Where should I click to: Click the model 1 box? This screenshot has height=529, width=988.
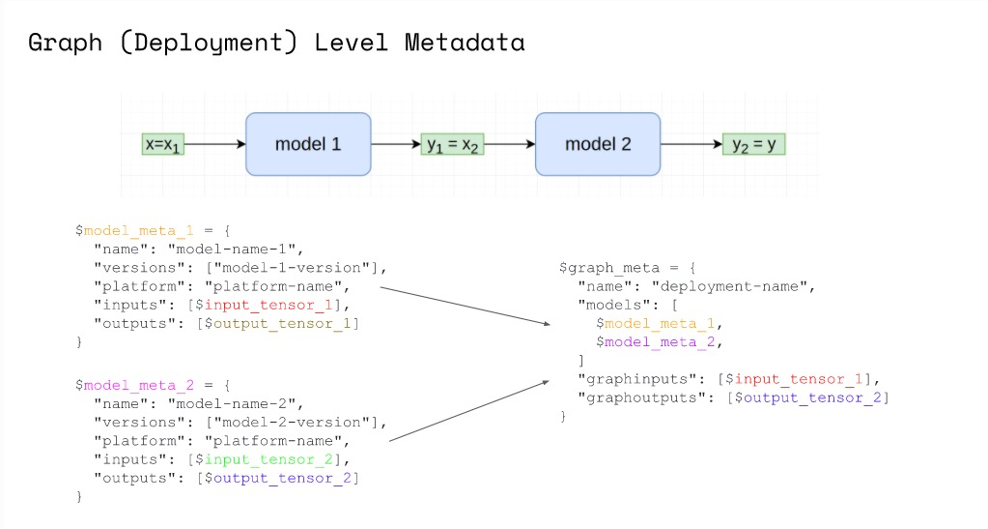(308, 144)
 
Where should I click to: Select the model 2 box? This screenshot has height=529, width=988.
(598, 144)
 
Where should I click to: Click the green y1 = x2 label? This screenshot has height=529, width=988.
(453, 145)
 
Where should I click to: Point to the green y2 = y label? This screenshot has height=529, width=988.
(753, 145)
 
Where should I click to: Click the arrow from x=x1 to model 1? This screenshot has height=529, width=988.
(215, 145)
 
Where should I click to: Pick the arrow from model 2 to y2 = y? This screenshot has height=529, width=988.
(692, 145)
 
